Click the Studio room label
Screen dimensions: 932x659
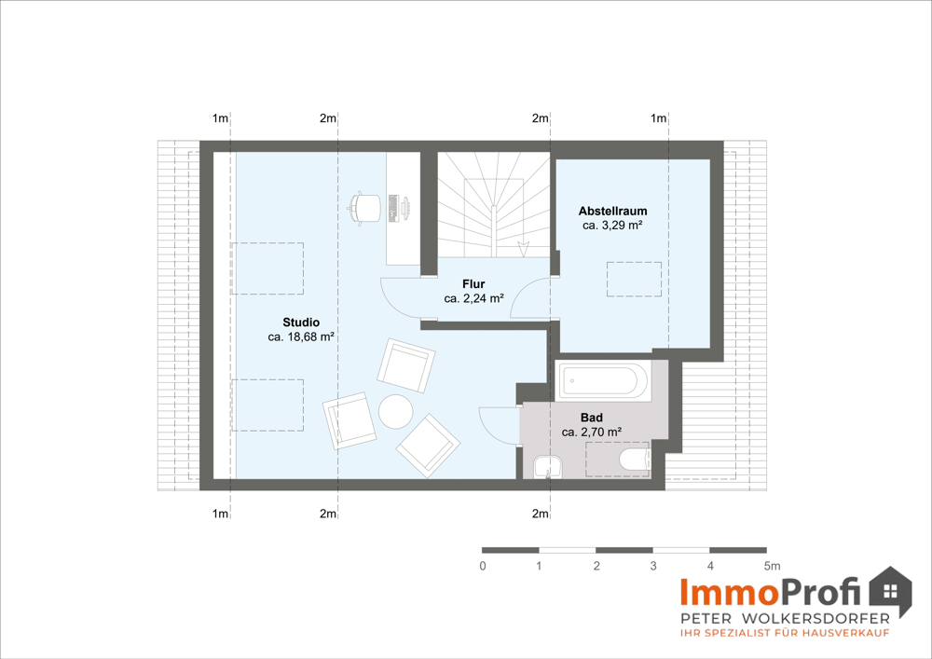[301, 323]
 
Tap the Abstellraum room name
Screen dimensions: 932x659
[612, 211]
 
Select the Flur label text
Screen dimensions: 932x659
[473, 284]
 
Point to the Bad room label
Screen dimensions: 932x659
[592, 418]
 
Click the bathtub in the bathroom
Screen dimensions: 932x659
[603, 380]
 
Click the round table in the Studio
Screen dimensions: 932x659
[396, 411]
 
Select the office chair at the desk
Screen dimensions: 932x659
[363, 208]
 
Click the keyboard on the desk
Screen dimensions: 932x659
[393, 208]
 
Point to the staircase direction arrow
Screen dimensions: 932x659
[523, 249]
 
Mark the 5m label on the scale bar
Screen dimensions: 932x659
[772, 566]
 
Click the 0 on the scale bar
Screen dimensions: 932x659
[483, 566]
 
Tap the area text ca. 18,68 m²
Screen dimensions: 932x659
[301, 336]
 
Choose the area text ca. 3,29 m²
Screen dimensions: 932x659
[612, 226]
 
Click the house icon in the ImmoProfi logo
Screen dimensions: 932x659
[890, 592]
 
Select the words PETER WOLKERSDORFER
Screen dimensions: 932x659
[785, 619]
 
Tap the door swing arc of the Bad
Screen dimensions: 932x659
[487, 422]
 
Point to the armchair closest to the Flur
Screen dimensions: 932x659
[406, 364]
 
